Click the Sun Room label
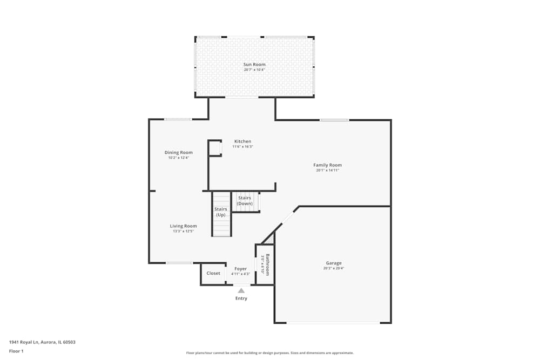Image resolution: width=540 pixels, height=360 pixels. pos(254,65)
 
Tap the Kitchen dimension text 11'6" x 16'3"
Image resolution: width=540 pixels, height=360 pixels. pos(242,147)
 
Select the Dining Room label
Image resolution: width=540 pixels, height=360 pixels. pos(178,153)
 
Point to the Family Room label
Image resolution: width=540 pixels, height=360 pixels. pos(327,165)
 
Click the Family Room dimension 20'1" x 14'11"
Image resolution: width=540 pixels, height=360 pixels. pos(327,171)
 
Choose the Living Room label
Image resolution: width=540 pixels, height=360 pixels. pos(183,226)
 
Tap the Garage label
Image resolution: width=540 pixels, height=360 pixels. pos(333,263)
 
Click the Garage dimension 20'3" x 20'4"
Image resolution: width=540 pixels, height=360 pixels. pos(333,269)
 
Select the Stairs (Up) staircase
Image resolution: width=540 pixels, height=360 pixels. pos(221,214)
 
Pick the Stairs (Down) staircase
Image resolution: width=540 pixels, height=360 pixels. pos(246,201)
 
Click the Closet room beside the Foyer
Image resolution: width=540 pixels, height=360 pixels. pos(213,274)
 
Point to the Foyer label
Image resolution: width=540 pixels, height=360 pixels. pos(240,269)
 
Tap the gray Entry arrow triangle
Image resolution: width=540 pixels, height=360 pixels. pos(241,291)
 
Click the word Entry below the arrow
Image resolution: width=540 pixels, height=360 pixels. pos(241,298)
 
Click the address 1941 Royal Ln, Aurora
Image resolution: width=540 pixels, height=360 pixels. pos(42,342)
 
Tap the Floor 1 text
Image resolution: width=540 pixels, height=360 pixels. pos(16,351)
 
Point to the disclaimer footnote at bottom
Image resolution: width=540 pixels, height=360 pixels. pos(269,353)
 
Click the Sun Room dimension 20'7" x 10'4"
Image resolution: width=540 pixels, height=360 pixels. pos(254,70)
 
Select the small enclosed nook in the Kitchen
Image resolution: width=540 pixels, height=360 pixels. pos(215,148)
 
